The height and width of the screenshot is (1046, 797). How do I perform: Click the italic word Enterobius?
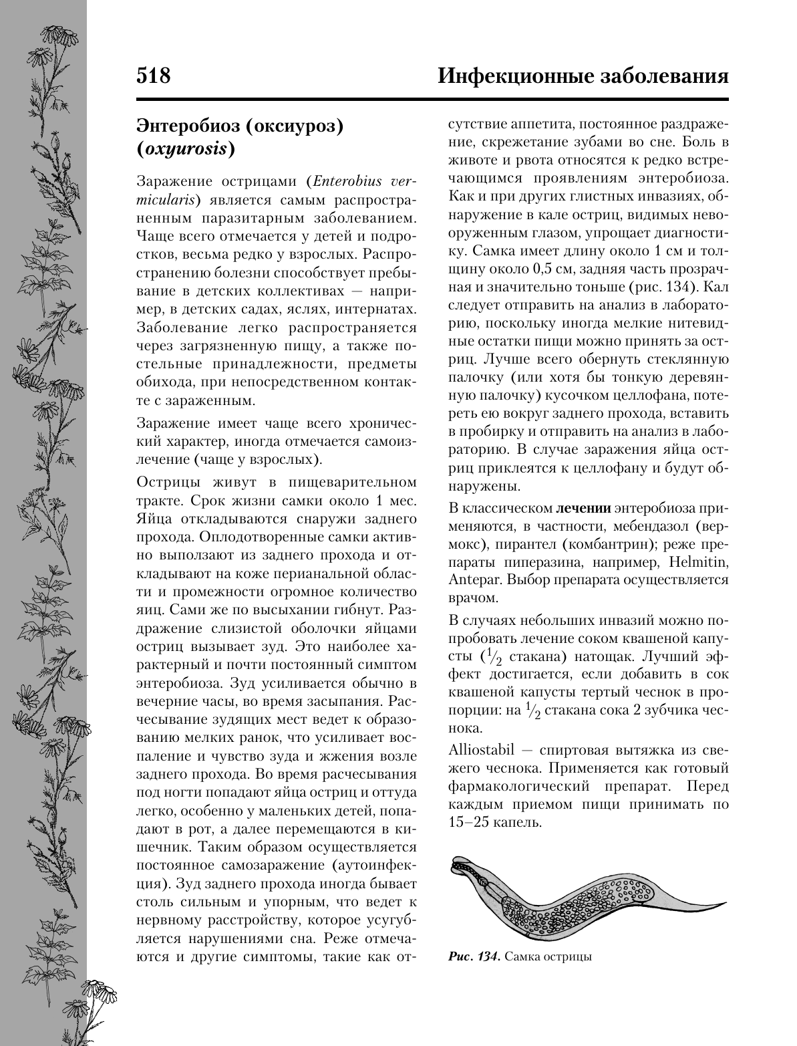(347, 180)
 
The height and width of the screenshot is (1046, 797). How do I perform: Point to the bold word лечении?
(583, 509)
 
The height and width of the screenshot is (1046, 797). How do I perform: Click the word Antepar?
(468, 579)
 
